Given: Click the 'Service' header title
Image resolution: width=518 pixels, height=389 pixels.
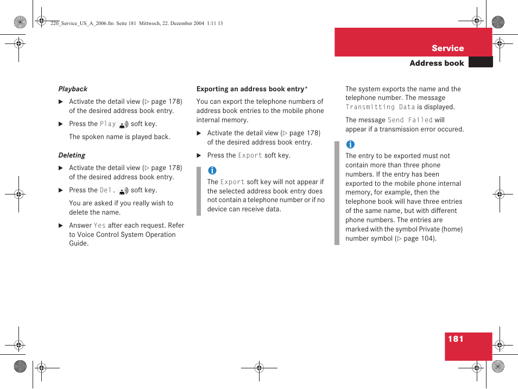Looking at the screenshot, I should pos(447,48).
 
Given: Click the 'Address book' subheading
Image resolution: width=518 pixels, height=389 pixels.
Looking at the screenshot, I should pos(437,63).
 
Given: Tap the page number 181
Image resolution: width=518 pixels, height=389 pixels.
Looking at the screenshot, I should pos(456,339).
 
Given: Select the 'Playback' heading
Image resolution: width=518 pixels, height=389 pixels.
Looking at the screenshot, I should pos(73,89).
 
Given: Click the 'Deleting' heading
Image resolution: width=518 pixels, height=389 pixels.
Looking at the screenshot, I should pos(72,155).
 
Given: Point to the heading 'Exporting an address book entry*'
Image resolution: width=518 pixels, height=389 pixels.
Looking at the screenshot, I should pos(252,89).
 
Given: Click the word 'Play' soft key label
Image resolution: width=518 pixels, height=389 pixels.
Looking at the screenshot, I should pos(108,124).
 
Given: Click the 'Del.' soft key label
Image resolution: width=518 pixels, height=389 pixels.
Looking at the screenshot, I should pos(107,190).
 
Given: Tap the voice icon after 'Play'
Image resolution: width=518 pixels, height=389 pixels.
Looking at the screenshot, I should pos(123,124).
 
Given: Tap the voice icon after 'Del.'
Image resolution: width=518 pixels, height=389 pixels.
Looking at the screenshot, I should pos(123,191).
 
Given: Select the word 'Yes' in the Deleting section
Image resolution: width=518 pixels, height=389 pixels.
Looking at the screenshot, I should pos(99,225).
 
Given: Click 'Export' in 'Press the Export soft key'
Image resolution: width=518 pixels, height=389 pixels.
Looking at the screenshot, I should pos(250,155).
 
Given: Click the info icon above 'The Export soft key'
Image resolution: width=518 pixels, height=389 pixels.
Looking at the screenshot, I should pos(212,171).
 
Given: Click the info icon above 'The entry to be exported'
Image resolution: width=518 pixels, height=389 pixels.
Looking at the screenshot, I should pos(350,145).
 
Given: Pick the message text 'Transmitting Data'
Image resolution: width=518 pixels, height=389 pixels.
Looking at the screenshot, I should pos(380,108).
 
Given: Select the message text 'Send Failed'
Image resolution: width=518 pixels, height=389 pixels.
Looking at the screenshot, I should pos(410,120).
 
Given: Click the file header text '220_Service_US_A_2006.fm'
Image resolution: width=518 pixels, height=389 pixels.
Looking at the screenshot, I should pos(81,23).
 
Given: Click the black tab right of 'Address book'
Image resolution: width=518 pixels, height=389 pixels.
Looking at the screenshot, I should pos(480,62).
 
